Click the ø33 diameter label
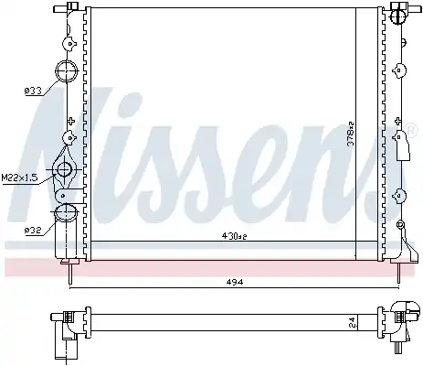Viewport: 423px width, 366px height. [33, 91]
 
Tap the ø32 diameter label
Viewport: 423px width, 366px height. [33, 231]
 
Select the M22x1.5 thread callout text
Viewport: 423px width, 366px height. [19, 178]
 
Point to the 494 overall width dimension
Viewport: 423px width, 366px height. [235, 282]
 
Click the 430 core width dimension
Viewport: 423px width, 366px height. [234, 236]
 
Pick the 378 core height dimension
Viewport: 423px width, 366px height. [351, 134]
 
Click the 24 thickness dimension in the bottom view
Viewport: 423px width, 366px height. [352, 322]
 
